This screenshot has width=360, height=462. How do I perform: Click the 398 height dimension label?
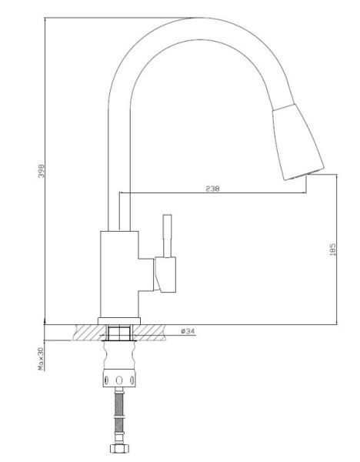(42, 171)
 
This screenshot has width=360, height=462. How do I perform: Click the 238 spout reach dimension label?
(212, 189)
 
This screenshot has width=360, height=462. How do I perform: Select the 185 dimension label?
(333, 249)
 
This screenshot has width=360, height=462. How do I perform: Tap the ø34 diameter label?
(188, 331)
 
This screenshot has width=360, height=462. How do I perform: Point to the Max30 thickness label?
(41, 359)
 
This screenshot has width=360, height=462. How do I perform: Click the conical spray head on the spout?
(298, 142)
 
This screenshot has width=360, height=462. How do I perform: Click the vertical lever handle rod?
(167, 236)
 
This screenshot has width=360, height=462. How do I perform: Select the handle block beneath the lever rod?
(165, 275)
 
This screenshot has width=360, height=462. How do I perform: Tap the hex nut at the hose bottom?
(119, 448)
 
